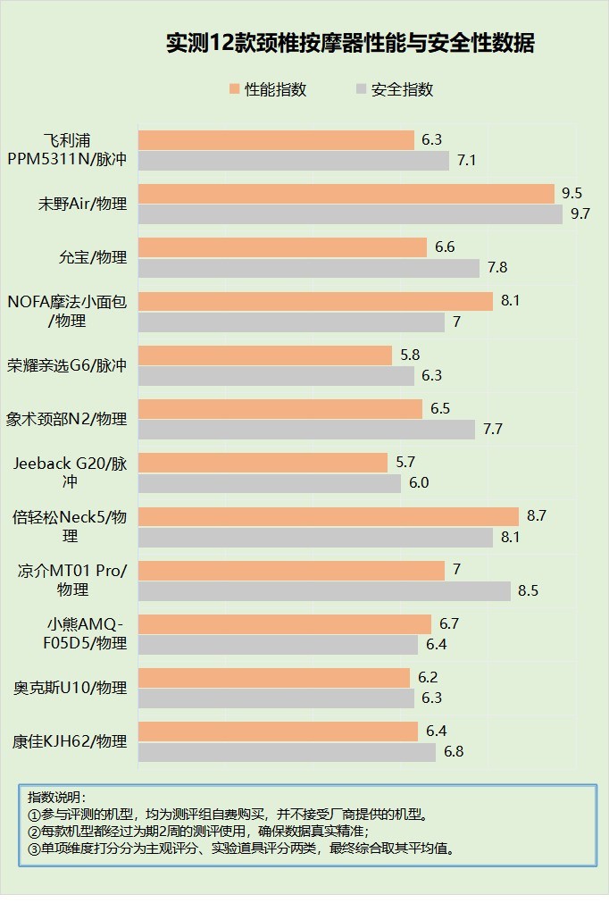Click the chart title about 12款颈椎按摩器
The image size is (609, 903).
click(350, 44)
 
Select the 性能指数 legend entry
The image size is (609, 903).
click(268, 89)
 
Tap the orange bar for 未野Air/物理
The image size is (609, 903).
click(346, 194)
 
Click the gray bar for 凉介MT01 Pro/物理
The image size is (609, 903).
click(324, 591)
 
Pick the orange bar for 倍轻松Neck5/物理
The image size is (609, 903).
click(328, 516)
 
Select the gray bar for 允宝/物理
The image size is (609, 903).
click(309, 268)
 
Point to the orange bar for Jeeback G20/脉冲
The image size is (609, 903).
click(263, 463)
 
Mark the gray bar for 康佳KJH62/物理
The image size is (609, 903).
click(287, 752)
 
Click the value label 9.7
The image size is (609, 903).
click(581, 214)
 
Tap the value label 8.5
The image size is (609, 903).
click(529, 591)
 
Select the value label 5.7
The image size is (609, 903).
click(405, 463)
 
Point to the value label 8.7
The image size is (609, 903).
click(537, 516)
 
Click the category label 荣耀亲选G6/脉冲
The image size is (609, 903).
click(67, 365)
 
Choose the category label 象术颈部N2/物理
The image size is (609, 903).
click(67, 419)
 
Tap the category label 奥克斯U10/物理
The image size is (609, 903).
click(71, 688)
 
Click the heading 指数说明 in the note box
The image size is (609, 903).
click(55, 797)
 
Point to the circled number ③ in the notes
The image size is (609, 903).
click(34, 849)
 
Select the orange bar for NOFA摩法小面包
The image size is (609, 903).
click(315, 301)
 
